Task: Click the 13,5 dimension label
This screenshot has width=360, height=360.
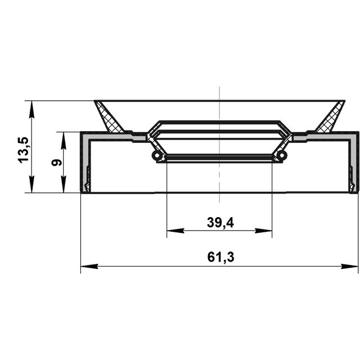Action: pyautogui.click(x=24, y=150)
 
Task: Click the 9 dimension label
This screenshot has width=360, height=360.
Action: pyautogui.click(x=56, y=163)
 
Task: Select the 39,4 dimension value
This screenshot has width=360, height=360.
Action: pyautogui.click(x=220, y=223)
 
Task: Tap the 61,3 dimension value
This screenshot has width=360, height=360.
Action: pyautogui.click(x=220, y=257)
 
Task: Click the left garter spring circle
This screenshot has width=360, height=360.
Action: pyautogui.click(x=157, y=155)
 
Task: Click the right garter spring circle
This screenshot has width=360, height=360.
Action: pyautogui.click(x=282, y=155)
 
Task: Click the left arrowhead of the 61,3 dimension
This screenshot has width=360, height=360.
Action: pyautogui.click(x=89, y=266)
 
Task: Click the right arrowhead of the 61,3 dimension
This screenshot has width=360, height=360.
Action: pyautogui.click(x=349, y=266)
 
